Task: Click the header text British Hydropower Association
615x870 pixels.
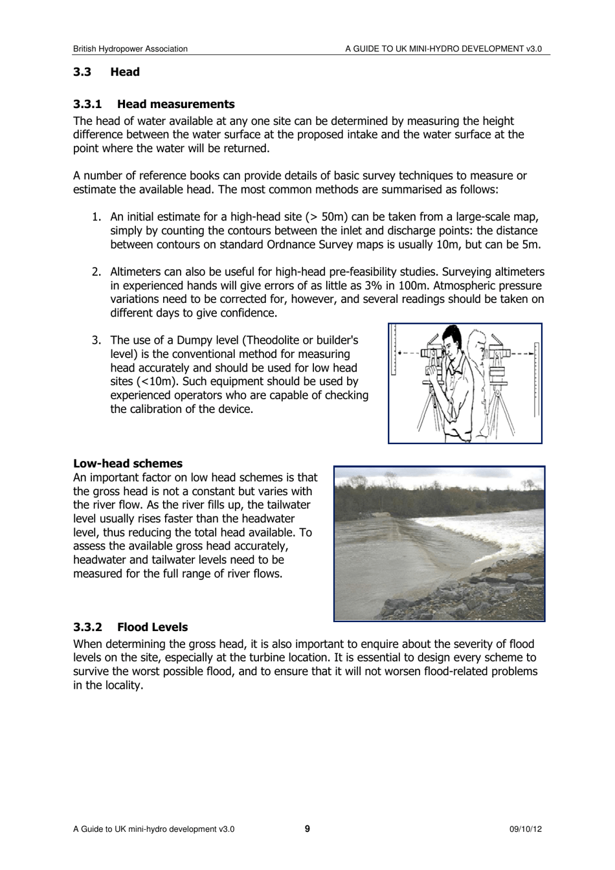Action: click(130, 49)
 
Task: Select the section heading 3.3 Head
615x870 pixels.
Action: click(106, 72)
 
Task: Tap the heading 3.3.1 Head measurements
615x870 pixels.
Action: click(153, 104)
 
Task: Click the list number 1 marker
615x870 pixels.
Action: click(96, 217)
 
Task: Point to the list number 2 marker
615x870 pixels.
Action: click(96, 272)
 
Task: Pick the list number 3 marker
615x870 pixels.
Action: click(96, 340)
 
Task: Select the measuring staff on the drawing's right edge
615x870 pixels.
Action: click(536, 379)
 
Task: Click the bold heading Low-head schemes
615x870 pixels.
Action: click(128, 463)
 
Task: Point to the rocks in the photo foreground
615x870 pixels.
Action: click(453, 599)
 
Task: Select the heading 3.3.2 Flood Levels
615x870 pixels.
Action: click(130, 627)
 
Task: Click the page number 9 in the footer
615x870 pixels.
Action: click(307, 829)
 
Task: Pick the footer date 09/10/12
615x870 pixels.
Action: click(525, 829)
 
